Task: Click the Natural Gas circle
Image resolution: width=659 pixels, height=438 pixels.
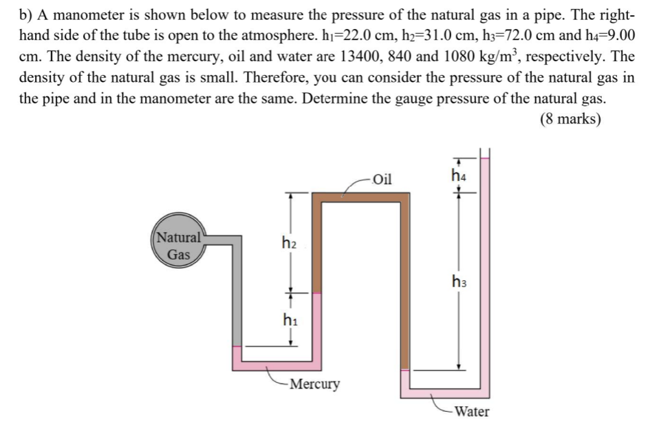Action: tap(178, 247)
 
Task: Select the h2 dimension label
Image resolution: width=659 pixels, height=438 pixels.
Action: tap(290, 242)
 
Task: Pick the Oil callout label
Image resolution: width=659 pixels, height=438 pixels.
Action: tap(381, 180)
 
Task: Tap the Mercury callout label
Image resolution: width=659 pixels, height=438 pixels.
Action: tap(314, 384)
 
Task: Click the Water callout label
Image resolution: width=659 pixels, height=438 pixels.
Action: tap(473, 412)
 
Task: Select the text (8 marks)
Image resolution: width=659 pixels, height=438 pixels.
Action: tap(570, 119)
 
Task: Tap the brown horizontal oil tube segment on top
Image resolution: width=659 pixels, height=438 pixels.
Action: tap(361, 198)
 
